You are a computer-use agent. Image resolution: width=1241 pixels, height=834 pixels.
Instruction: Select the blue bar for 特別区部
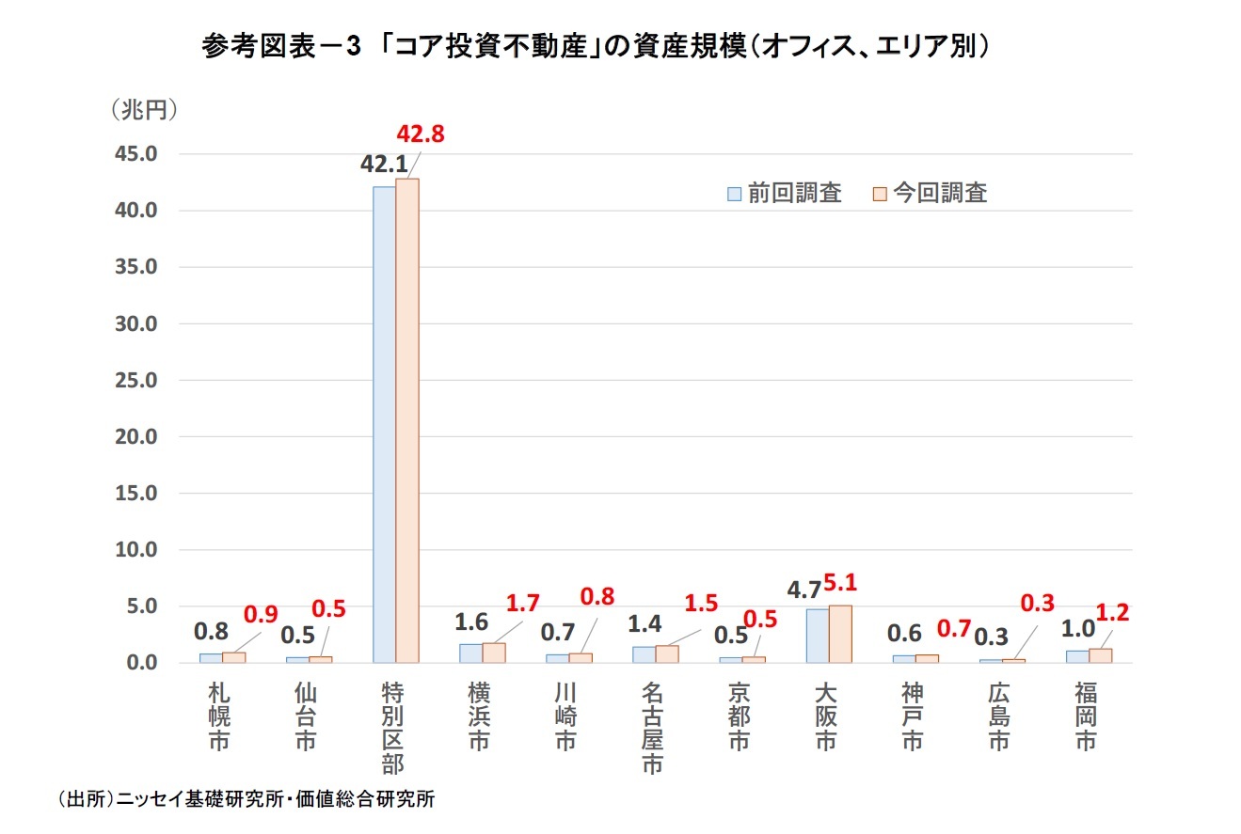click(x=384, y=423)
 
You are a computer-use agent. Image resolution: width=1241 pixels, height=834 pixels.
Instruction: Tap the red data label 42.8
click(x=419, y=134)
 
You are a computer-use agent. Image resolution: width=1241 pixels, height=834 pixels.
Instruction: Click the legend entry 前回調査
click(x=784, y=194)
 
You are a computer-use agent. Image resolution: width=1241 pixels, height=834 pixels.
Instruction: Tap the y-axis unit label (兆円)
click(x=144, y=110)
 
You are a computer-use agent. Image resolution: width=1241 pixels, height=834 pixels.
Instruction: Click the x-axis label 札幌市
click(x=218, y=716)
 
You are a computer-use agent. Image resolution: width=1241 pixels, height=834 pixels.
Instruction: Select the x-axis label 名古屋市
click(x=652, y=728)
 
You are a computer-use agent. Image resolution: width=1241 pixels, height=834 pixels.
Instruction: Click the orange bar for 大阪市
click(x=840, y=635)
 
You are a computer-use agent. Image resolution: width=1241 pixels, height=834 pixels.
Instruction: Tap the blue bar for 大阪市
click(x=817, y=637)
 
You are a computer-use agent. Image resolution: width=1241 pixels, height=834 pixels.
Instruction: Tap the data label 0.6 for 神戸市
click(x=905, y=634)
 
